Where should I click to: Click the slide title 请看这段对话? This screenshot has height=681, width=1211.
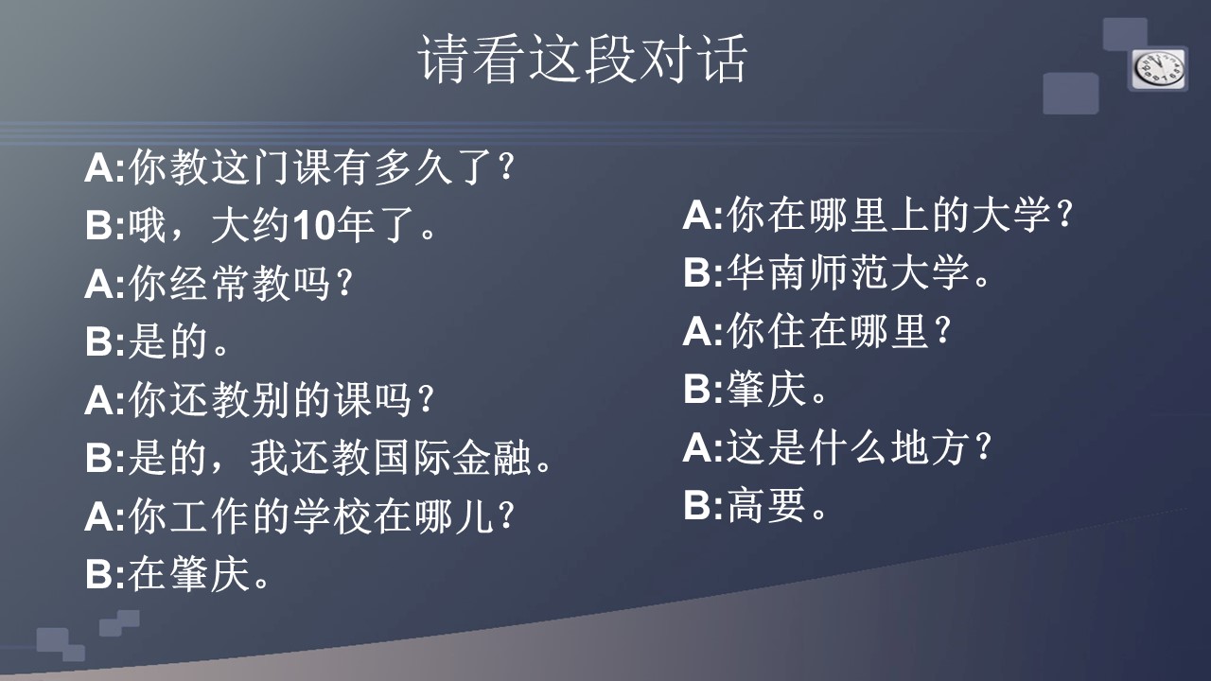point(583,59)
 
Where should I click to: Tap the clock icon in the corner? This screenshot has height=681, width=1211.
point(1159,70)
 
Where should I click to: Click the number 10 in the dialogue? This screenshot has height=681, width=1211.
point(314,225)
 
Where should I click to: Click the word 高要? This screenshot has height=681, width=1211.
point(766,504)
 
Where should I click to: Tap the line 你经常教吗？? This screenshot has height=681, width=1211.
point(240,283)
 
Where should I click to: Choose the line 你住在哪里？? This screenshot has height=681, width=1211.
point(838,331)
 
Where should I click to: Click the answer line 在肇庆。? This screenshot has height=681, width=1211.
point(199,573)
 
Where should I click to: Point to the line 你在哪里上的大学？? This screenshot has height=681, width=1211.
point(900,215)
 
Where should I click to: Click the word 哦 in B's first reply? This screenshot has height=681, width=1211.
point(147,225)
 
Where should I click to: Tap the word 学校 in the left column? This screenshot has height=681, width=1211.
point(332,516)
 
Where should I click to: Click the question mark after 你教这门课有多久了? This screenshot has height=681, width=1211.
point(505,167)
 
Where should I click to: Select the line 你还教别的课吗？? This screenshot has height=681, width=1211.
point(281,400)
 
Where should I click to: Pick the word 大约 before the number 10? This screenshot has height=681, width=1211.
point(251,225)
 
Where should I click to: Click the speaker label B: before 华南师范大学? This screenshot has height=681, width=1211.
point(703,272)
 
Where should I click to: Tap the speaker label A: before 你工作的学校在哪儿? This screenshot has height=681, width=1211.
point(105,517)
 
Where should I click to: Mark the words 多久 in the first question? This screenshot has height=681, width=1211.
point(413,167)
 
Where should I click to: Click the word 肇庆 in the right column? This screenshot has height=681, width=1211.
point(766,389)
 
